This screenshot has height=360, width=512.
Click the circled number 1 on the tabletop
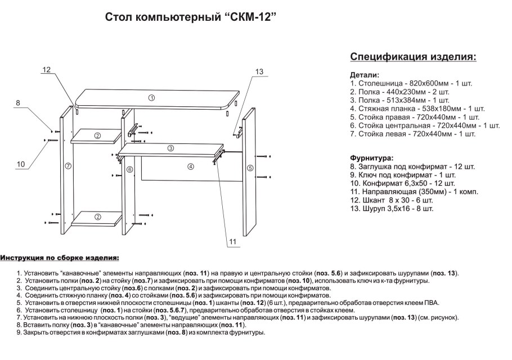click(x=151, y=98)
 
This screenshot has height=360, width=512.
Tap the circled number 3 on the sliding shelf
click(x=170, y=148)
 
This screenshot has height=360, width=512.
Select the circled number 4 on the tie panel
click(x=191, y=166)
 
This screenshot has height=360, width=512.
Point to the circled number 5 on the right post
click(x=249, y=168)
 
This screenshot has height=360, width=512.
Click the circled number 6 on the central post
click(x=129, y=169)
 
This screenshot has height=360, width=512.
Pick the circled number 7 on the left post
click(x=68, y=166)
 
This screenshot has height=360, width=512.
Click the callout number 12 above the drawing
click(x=47, y=70)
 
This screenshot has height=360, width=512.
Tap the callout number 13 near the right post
click(x=259, y=71)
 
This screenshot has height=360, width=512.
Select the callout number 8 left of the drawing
click(x=18, y=103)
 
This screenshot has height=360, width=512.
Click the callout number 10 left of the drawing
click(x=21, y=164)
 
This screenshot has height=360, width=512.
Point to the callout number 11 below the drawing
click(x=233, y=242)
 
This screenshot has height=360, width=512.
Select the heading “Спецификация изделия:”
click(x=413, y=57)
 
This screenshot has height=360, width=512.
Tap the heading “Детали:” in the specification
click(x=365, y=75)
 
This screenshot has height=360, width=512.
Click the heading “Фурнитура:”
click(x=372, y=159)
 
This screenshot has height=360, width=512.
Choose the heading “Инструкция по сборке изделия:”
click(x=60, y=258)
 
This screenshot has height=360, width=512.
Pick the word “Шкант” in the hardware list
click(x=375, y=200)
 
